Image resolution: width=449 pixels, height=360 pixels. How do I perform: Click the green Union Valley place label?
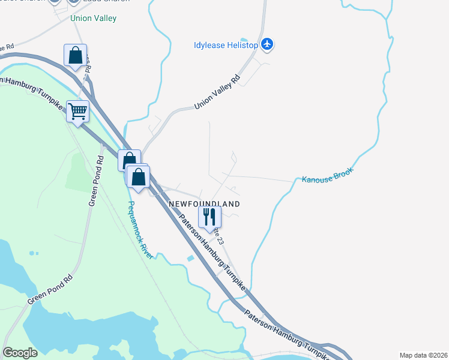(x=93, y=18)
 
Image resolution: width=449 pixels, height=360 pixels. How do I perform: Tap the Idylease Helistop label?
(x=226, y=45)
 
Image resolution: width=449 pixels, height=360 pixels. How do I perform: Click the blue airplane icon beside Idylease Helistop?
(x=267, y=44)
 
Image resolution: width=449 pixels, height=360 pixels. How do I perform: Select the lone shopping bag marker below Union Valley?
(x=76, y=56)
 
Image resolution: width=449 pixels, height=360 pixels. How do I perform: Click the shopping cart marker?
(x=78, y=112)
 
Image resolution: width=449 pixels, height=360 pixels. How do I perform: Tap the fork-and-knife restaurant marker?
(x=209, y=217)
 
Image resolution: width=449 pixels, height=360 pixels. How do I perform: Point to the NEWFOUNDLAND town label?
(x=204, y=204)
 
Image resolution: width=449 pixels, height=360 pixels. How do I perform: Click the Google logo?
(x=20, y=353)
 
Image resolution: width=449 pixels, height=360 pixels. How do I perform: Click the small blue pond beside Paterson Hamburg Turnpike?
(x=190, y=258)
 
